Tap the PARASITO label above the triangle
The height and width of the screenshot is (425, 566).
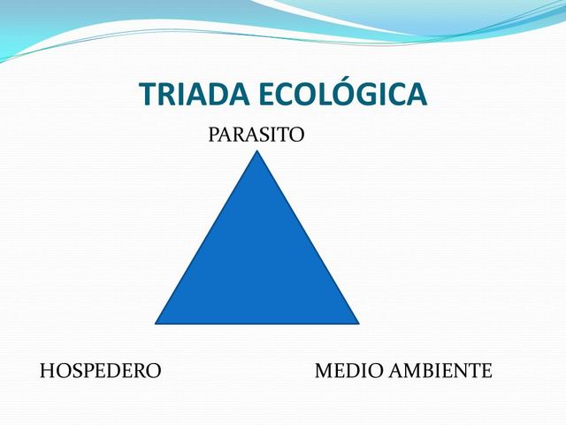pyautogui.click(x=256, y=135)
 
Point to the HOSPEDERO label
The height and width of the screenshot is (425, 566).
pyautogui.click(x=101, y=371)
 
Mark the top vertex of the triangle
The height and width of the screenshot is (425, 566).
pyautogui.click(x=257, y=152)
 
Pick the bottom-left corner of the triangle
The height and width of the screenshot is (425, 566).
pyautogui.click(x=157, y=322)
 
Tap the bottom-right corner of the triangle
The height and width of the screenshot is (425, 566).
pyautogui.click(x=358, y=322)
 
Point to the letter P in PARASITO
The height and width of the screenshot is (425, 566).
pyautogui.click(x=213, y=135)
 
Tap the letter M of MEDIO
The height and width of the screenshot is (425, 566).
pyautogui.click(x=324, y=371)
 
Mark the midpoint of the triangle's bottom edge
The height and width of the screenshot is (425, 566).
pyautogui.click(x=257, y=323)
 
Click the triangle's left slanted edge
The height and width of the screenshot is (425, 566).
pyautogui.click(x=207, y=237)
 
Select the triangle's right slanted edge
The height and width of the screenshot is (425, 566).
pyautogui.click(x=308, y=237)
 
